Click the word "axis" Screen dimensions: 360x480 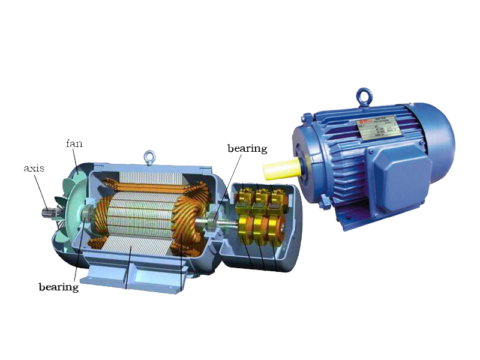tap(35, 168)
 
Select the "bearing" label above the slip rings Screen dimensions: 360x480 tap(247, 148)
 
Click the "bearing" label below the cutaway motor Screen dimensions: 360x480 tap(59, 287)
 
